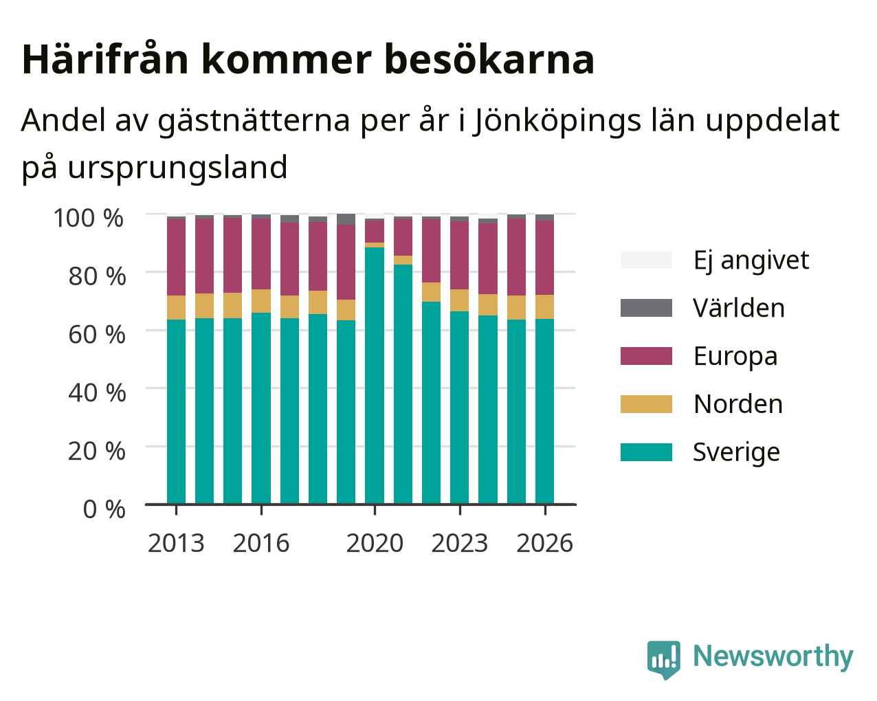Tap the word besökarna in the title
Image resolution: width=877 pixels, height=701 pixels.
[x=489, y=59]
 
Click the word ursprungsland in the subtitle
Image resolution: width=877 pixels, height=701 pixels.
[x=177, y=168]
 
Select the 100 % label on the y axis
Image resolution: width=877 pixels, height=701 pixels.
[x=89, y=218]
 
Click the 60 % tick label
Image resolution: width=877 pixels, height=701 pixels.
[x=97, y=335]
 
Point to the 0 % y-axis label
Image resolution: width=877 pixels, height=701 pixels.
[x=104, y=509]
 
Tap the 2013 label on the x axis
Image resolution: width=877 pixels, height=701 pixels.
[x=176, y=543]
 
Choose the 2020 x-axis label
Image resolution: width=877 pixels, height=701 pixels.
[x=375, y=543]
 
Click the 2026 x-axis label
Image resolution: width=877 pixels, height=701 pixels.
[x=545, y=543]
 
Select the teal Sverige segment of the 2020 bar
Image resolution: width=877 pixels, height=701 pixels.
[x=375, y=375]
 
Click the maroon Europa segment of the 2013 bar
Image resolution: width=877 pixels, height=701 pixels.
[x=176, y=257]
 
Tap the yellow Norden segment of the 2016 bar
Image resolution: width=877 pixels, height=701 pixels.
[x=261, y=301]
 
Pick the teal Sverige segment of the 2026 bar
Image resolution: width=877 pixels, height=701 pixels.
[x=545, y=411]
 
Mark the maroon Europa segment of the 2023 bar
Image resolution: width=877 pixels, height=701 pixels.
[x=460, y=255]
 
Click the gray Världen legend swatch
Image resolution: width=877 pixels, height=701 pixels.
[x=646, y=308]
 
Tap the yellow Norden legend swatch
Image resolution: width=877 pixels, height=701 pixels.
[x=646, y=404]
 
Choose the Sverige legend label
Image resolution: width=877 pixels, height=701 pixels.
[x=736, y=453]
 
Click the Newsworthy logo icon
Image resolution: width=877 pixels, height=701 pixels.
[x=663, y=658]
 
